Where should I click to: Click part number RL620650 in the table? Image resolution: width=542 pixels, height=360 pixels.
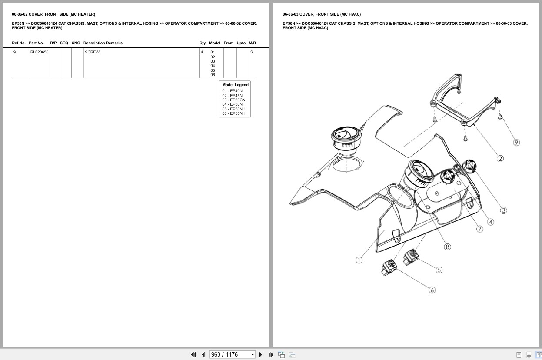(x=39, y=52)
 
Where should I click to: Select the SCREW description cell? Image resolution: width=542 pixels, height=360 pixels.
(x=92, y=52)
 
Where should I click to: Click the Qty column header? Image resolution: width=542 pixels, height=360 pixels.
(x=203, y=43)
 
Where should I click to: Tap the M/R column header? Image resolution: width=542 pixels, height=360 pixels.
(x=252, y=43)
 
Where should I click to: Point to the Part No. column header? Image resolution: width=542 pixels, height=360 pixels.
(x=37, y=43)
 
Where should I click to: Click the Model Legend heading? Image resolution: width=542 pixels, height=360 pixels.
(x=235, y=85)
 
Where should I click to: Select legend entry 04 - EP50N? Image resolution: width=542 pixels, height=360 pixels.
(x=232, y=104)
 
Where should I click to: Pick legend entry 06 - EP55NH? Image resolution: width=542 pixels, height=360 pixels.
(x=233, y=113)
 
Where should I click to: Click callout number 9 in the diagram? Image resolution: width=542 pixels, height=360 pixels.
(x=516, y=142)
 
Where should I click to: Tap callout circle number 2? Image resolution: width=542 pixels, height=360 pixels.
(x=500, y=159)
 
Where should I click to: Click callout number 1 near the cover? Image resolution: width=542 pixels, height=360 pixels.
(x=359, y=260)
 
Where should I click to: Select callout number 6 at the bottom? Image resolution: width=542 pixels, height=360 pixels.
(x=432, y=290)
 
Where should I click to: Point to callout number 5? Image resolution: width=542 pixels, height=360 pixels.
(x=439, y=270)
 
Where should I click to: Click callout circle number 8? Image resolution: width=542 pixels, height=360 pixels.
(x=447, y=247)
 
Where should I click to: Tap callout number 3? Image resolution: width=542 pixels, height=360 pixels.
(x=503, y=210)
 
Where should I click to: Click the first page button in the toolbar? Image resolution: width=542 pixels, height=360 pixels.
(x=193, y=355)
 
